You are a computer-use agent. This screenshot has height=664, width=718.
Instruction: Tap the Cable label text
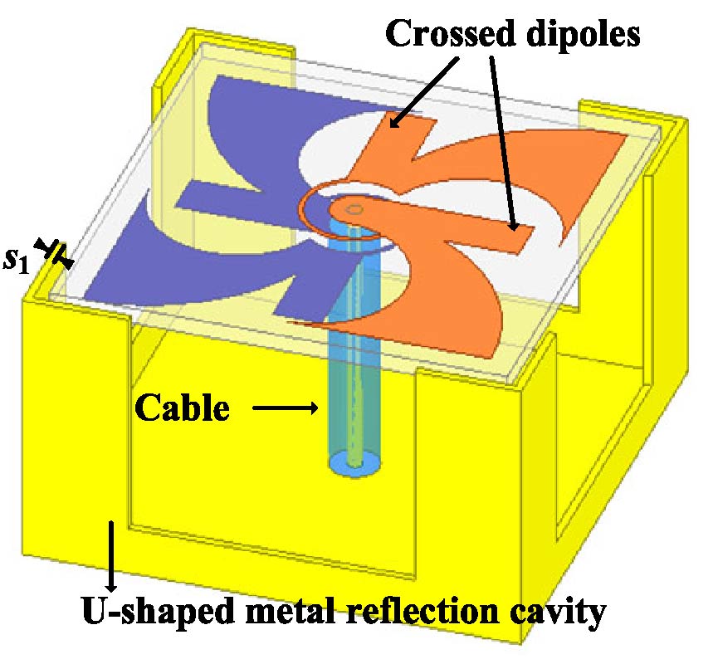(x=183, y=408)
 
